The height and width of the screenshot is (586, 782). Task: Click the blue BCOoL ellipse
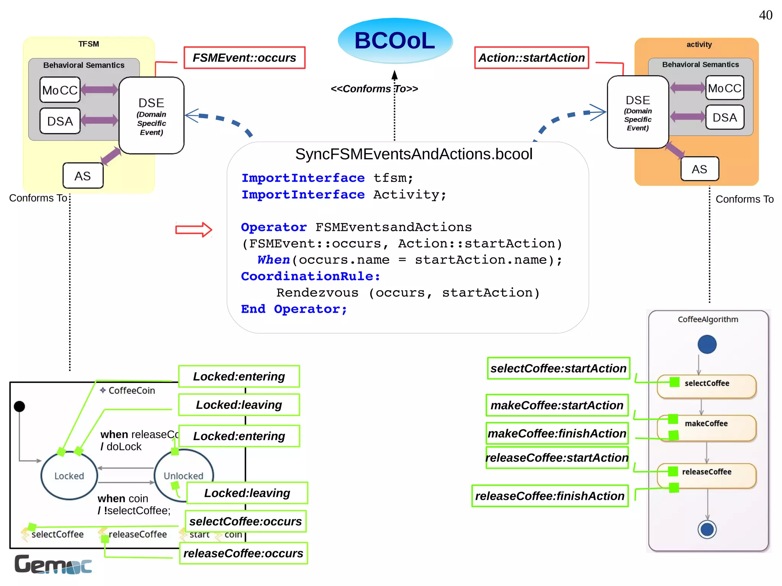(x=395, y=40)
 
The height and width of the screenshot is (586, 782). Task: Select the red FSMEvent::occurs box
(x=244, y=58)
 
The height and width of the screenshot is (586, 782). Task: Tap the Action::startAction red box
(x=532, y=58)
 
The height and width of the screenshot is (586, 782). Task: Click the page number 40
(x=765, y=15)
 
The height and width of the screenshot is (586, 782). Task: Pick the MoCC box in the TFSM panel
(x=60, y=90)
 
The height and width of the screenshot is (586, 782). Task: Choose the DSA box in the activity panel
(x=724, y=117)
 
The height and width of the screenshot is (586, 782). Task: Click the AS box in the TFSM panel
(x=83, y=176)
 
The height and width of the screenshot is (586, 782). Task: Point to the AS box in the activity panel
(x=700, y=169)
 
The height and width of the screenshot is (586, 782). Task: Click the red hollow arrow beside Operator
(x=193, y=229)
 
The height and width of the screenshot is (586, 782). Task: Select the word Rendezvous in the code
(x=317, y=293)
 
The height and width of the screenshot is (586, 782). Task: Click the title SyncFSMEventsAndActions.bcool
(x=414, y=154)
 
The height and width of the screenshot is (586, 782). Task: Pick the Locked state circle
(x=69, y=476)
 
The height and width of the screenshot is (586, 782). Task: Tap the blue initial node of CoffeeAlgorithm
(x=707, y=344)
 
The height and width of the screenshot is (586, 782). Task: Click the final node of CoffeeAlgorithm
(x=707, y=529)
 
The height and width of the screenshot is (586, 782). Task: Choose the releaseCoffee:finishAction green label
(x=549, y=496)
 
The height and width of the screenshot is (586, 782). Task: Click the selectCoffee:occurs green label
(x=246, y=521)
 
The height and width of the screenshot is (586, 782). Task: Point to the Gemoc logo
(x=53, y=565)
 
